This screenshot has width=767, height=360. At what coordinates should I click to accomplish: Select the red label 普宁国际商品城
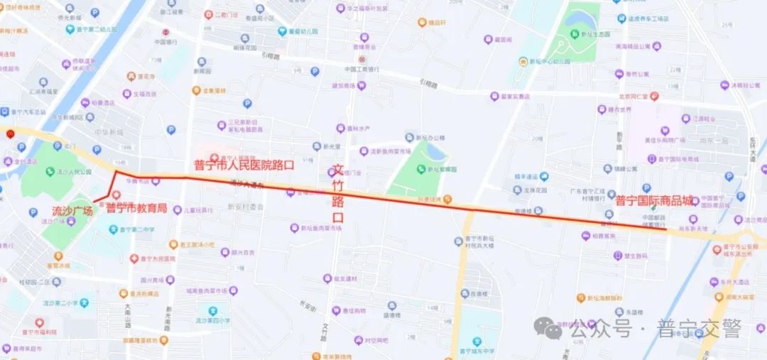654,201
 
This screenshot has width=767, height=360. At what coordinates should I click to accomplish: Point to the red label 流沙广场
72,211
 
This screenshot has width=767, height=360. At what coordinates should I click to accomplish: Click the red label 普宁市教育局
136,209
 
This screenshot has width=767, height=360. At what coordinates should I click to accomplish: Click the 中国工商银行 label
361,69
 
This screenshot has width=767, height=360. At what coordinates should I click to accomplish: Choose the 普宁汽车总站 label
28,112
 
